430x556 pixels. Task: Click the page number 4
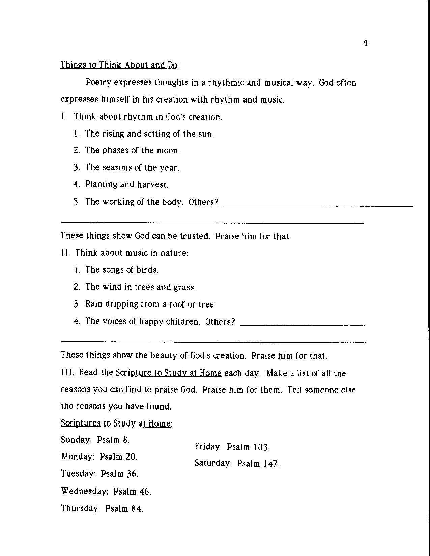(x=365, y=43)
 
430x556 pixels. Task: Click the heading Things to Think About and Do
(x=119, y=65)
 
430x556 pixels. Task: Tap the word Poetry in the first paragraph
(x=98, y=83)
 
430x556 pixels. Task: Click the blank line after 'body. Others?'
(x=318, y=205)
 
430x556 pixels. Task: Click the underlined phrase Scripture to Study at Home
(x=168, y=373)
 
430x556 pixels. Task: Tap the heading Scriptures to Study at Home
(x=116, y=423)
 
